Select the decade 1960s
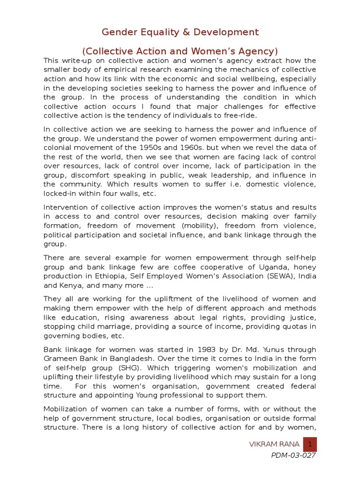(180, 148)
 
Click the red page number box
(309, 444)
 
